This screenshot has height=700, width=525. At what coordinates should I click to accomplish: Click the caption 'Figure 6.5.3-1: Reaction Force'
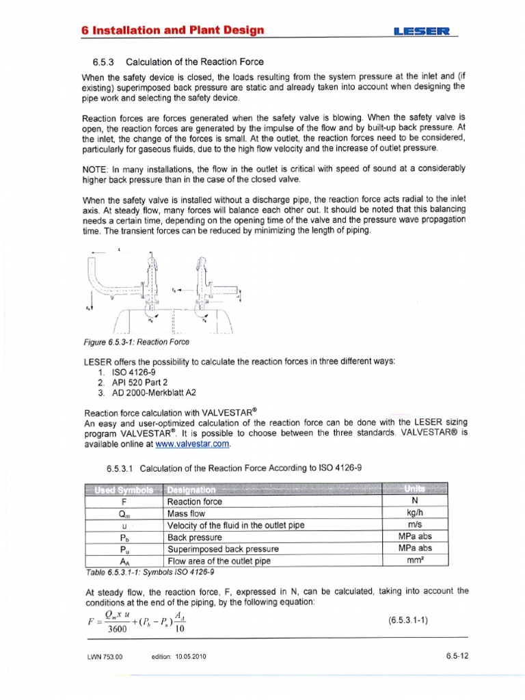click(135, 342)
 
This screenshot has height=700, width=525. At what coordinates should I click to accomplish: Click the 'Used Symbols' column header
click(124, 490)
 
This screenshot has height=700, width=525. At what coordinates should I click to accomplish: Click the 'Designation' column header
click(191, 490)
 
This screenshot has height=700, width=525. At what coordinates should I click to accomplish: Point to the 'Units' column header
click(412, 489)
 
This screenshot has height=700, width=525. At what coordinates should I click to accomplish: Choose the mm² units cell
click(412, 560)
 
